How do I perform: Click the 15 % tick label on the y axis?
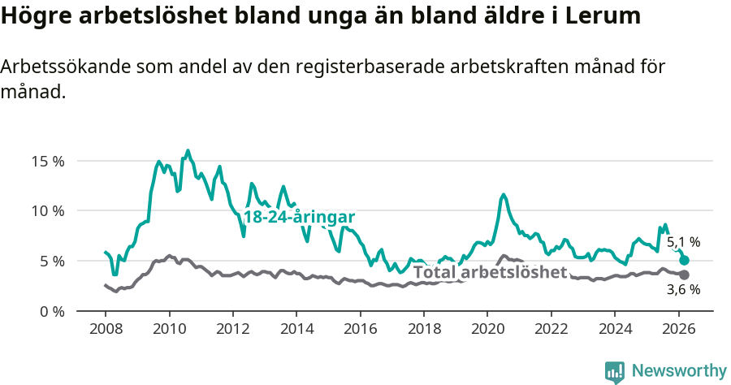48,160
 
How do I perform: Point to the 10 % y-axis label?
48,210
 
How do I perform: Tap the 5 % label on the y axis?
51,261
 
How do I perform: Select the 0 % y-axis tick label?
51,311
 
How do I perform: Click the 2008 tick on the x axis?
106,328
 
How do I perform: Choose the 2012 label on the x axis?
233,328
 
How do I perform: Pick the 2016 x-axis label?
360,328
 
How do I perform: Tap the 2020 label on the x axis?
487,328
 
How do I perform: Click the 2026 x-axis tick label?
678,328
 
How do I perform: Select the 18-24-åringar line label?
299,217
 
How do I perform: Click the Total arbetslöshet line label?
490,272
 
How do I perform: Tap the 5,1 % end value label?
683,242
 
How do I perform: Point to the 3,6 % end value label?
683,289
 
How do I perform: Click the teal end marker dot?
684,260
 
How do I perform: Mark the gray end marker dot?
684,275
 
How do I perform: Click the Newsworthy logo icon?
615,371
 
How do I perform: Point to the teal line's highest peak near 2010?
188,150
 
